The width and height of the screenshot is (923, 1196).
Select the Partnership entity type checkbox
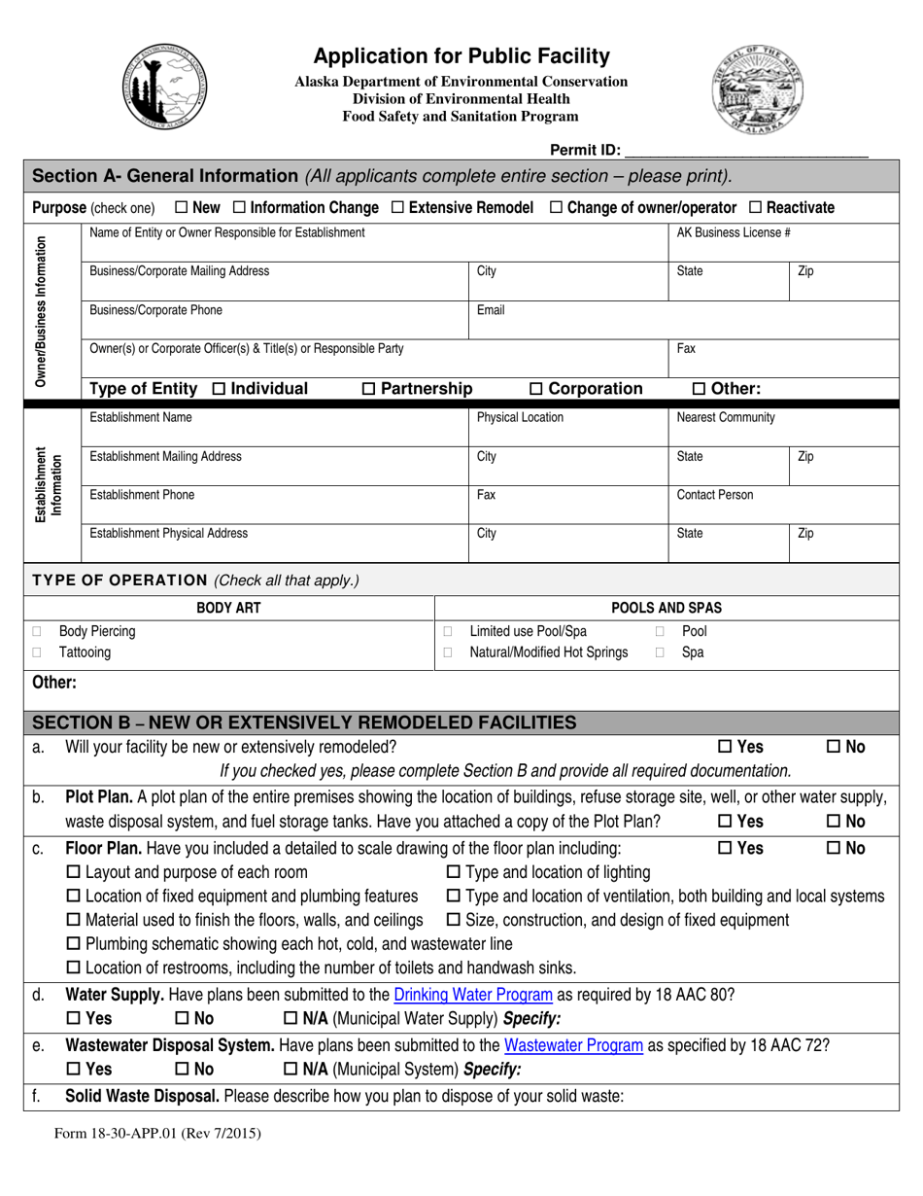pyautogui.click(x=368, y=389)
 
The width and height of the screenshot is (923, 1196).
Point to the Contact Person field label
pyautogui.click(x=714, y=495)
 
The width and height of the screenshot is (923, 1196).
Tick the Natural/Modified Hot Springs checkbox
pyautogui.click(x=448, y=653)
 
